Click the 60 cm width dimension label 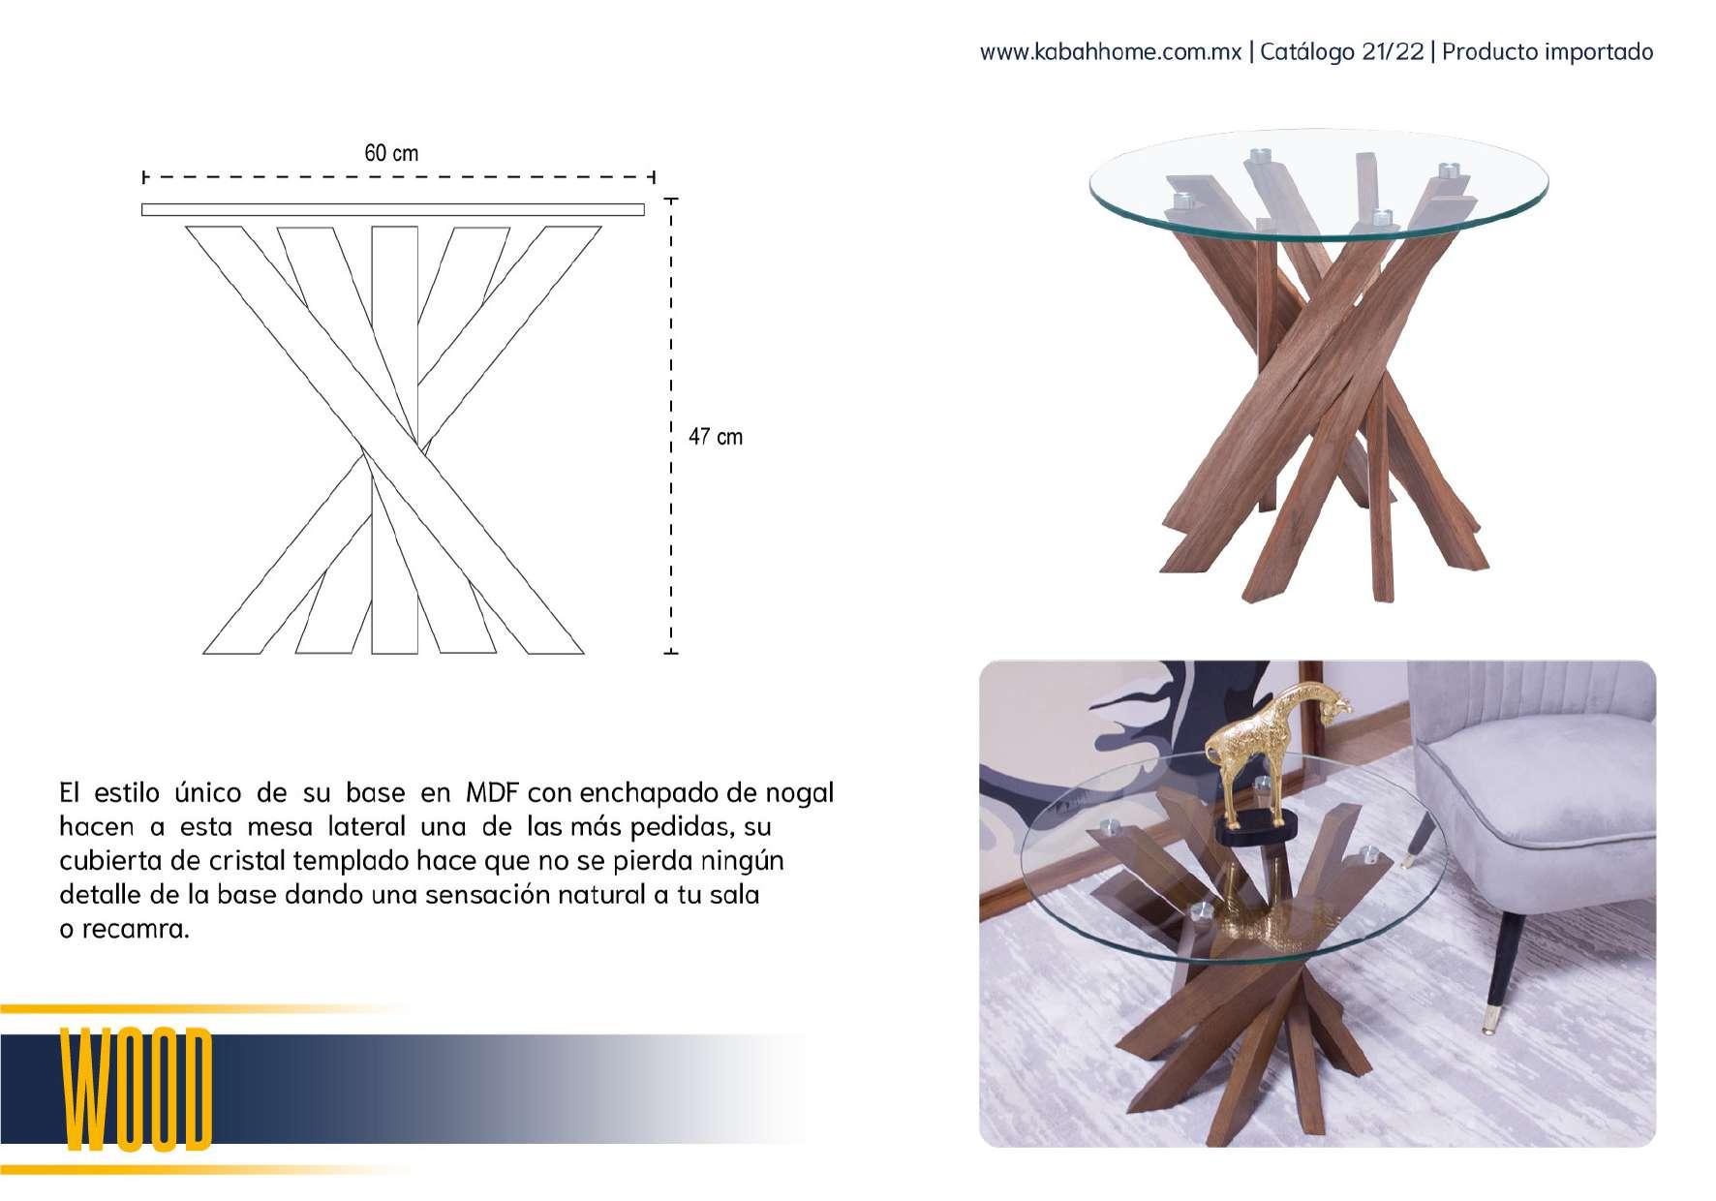[x=391, y=153]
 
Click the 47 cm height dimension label [x=716, y=437]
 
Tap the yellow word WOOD [x=137, y=1090]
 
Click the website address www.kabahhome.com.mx [x=1111, y=51]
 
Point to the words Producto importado [x=1547, y=51]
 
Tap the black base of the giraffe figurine [x=1256, y=828]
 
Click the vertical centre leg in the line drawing [x=395, y=441]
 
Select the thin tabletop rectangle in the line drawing [x=393, y=209]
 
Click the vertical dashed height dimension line [x=671, y=426]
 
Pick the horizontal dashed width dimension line [x=399, y=177]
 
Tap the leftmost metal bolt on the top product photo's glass [x=1182, y=201]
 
